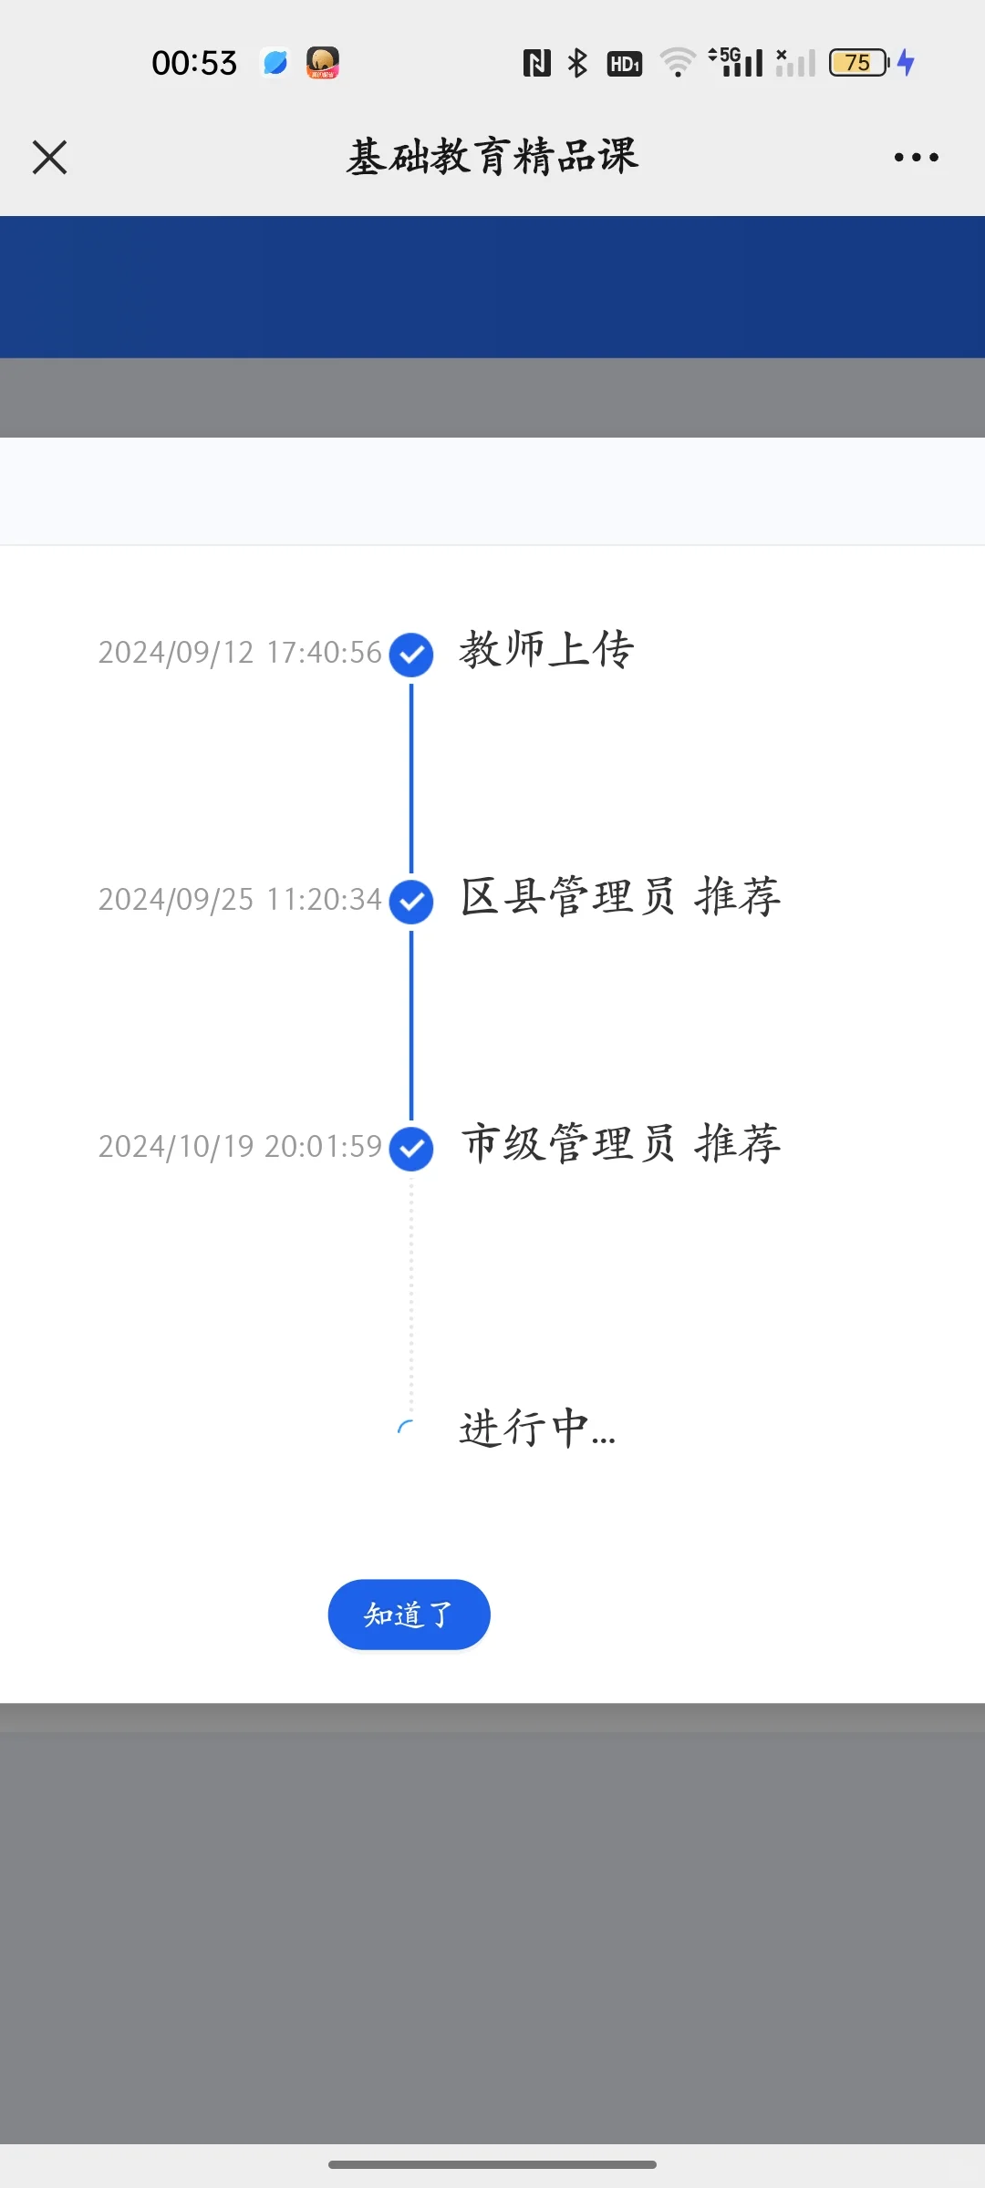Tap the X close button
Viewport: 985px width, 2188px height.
coord(50,157)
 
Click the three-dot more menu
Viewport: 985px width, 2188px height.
coord(916,157)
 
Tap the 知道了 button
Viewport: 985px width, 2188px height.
coord(409,1615)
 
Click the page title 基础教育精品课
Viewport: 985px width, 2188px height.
coord(493,157)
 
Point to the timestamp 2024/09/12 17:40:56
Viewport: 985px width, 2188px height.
coord(240,653)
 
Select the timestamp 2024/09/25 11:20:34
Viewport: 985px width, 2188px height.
coord(240,900)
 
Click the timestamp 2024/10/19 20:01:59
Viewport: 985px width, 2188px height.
coord(240,1147)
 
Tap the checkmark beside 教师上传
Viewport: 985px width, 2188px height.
coord(411,655)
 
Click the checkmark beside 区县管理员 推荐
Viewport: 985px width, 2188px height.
coord(411,902)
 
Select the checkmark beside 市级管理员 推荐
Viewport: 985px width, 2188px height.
coord(411,1149)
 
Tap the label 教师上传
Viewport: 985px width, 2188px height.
coord(546,650)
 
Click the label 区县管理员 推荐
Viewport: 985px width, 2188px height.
coord(620,897)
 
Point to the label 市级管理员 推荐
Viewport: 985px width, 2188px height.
coord(620,1144)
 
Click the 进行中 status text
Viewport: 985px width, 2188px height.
coord(537,1429)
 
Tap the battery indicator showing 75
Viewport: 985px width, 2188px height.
coord(858,63)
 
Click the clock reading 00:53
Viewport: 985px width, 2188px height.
coord(194,63)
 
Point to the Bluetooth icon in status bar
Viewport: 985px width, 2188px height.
coord(577,63)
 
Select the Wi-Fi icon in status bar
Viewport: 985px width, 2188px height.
coord(678,63)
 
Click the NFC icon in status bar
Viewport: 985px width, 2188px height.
coord(536,63)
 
